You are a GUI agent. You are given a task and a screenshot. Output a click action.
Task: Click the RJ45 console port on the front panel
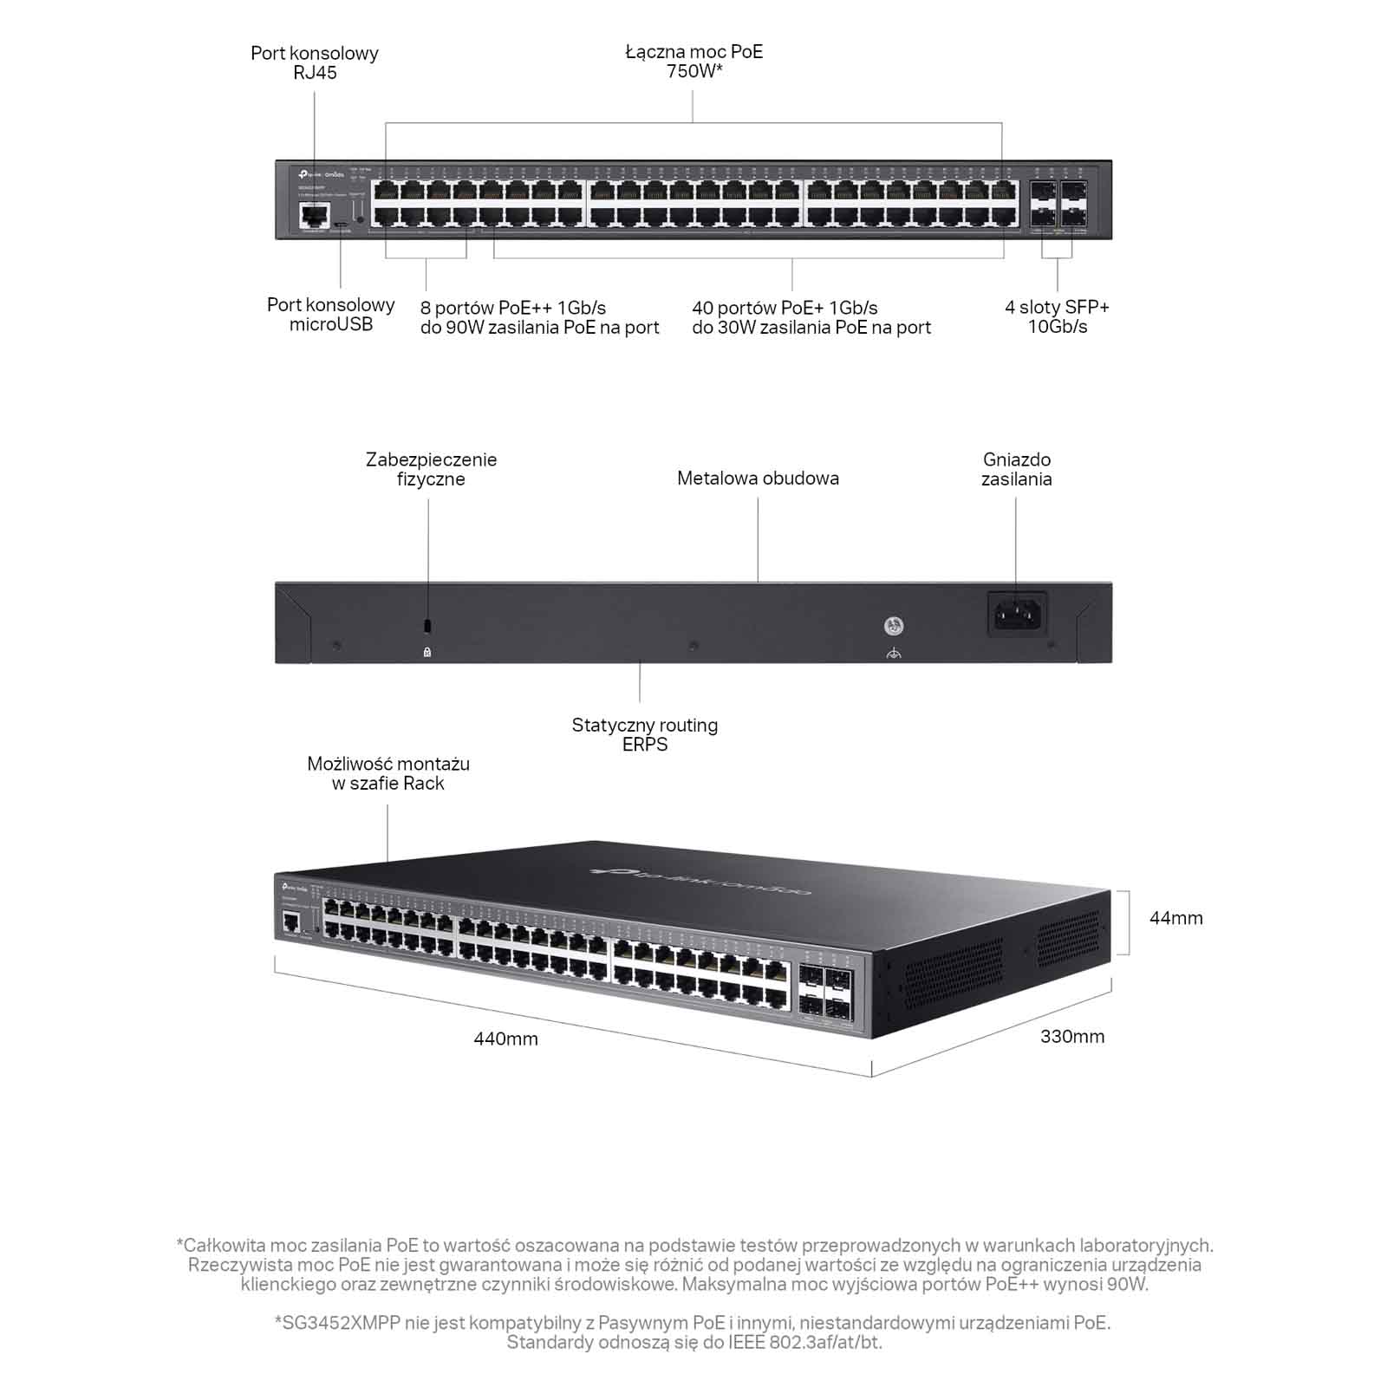click(x=315, y=214)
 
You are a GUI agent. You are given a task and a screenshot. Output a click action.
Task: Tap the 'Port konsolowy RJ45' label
click(x=315, y=62)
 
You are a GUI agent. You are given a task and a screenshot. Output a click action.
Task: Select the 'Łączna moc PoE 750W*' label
click(x=694, y=61)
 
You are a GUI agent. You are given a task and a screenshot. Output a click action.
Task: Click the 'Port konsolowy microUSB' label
click(x=330, y=315)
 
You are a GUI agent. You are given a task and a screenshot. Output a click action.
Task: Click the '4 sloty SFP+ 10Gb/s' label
click(x=1057, y=316)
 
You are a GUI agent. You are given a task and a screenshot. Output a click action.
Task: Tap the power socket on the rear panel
click(x=1017, y=615)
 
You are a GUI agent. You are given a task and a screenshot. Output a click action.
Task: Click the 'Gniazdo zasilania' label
click(x=1016, y=469)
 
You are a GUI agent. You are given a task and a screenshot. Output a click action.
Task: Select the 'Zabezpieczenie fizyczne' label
click(x=431, y=469)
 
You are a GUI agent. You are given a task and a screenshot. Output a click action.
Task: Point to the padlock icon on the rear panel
click(x=427, y=652)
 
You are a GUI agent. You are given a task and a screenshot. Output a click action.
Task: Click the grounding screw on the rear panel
click(x=894, y=626)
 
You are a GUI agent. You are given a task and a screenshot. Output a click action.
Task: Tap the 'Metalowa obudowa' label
click(x=758, y=479)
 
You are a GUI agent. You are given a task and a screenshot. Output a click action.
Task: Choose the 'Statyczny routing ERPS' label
click(x=644, y=734)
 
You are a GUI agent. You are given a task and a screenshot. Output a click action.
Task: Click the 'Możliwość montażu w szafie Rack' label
click(x=388, y=773)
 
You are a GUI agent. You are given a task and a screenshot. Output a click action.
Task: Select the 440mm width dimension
click(x=505, y=1039)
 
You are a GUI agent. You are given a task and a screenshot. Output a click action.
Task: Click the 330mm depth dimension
click(x=1072, y=1036)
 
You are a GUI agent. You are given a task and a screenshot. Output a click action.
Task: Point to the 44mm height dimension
click(x=1175, y=918)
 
